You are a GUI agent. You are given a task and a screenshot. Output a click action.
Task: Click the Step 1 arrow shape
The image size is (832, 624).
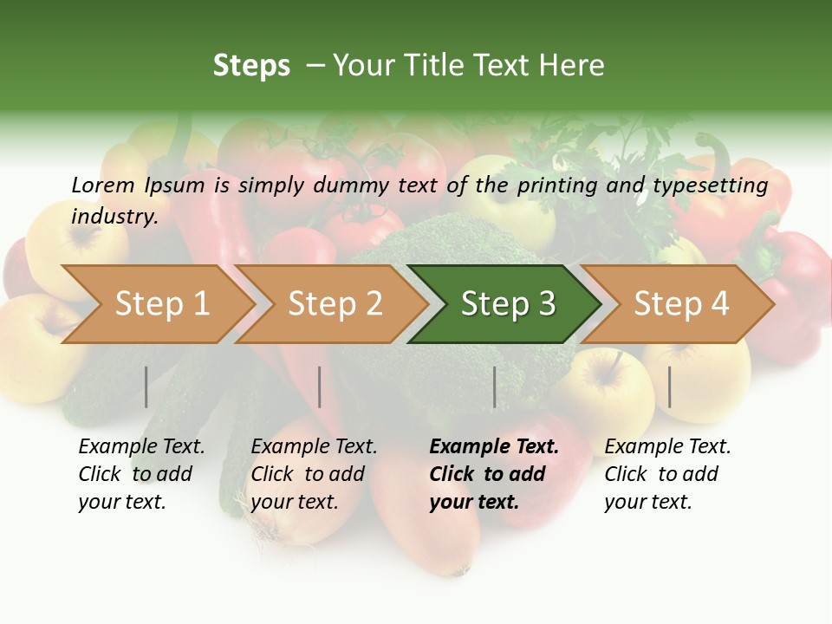[161, 304]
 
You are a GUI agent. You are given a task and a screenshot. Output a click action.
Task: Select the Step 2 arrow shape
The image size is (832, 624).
[335, 304]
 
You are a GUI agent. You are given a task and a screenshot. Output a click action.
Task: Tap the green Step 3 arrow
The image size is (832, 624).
[508, 304]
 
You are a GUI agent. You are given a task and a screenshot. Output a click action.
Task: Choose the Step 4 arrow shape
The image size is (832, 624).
[681, 304]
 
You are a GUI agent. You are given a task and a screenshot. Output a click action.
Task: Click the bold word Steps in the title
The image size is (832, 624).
[251, 66]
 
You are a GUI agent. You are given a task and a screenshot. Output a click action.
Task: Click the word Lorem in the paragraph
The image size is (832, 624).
[102, 185]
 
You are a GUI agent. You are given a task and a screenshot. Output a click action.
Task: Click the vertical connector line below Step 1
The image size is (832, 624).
[146, 387]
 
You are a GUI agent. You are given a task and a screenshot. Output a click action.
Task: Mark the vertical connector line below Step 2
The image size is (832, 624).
[320, 387]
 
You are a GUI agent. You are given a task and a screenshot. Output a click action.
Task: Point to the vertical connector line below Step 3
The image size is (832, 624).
[494, 387]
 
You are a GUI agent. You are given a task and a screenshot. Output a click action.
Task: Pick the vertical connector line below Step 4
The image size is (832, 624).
[669, 387]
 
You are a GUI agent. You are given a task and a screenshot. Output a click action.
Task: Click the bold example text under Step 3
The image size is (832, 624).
[493, 474]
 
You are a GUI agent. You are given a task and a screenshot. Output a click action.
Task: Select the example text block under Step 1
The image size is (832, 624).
[140, 474]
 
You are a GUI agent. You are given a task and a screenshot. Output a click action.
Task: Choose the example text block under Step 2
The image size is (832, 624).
[313, 474]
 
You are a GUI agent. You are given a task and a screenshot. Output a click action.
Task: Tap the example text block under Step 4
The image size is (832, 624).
[666, 474]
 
